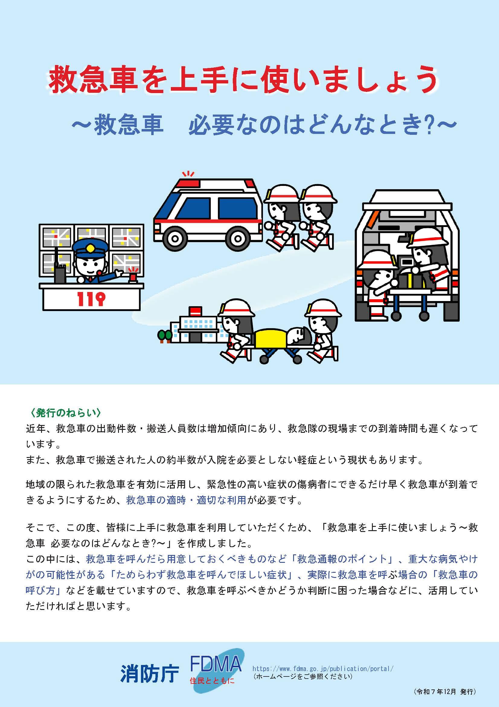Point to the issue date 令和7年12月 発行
pos(445,698)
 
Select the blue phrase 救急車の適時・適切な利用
pos(186,500)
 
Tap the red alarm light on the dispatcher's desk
pos(133,277)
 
